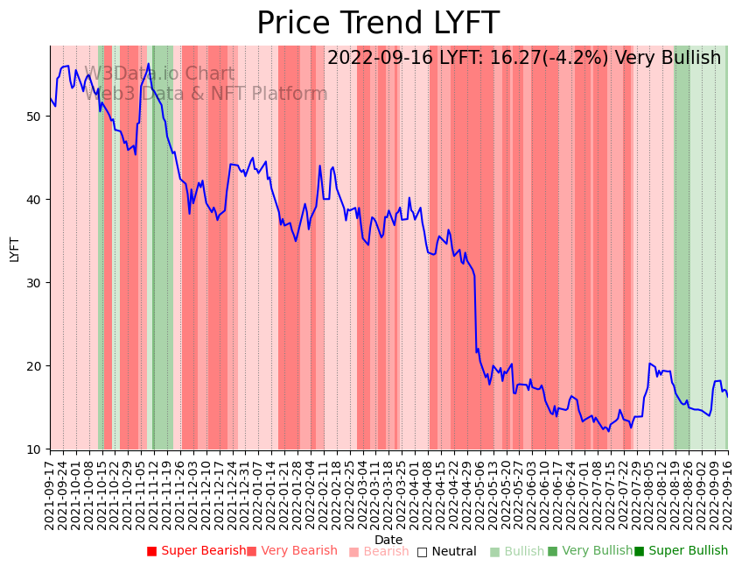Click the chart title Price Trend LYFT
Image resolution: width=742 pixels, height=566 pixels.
[x=377, y=24]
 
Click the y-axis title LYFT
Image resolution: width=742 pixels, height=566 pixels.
[x=14, y=248]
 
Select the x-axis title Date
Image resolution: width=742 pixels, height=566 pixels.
[x=388, y=540]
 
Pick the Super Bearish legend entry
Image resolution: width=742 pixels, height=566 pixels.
[x=196, y=551]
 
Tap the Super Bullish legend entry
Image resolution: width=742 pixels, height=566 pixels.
[x=681, y=551]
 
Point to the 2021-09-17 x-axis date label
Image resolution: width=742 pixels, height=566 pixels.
[x=51, y=496]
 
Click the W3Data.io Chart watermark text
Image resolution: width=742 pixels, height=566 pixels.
[x=159, y=74]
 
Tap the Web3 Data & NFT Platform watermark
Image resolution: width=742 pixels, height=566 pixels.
[x=206, y=95]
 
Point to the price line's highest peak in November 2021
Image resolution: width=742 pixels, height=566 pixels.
[x=149, y=63]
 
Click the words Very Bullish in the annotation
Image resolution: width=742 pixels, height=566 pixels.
[x=668, y=59]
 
